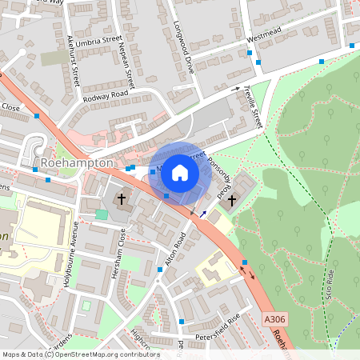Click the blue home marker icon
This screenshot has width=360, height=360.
[x=180, y=172]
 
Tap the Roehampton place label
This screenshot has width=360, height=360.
[x=77, y=162]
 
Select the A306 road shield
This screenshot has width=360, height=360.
[x=274, y=319]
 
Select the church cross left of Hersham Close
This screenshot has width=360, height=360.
[x=122, y=198]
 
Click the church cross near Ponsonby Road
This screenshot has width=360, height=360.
[x=233, y=199]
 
